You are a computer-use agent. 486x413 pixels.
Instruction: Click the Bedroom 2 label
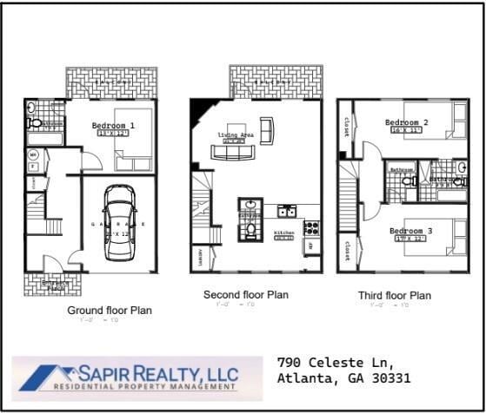tap(406, 123)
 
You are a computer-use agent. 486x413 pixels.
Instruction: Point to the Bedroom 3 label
tap(410, 231)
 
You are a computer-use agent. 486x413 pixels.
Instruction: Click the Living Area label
tap(235, 134)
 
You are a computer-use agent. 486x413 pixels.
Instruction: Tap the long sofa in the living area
tap(234, 153)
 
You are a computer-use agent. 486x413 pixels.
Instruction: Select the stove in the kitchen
tap(311, 227)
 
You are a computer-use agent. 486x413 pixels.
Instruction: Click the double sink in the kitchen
tap(287, 211)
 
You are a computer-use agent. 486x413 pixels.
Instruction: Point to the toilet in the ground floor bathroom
tap(32, 108)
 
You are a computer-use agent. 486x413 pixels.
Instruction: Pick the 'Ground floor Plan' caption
tap(110, 310)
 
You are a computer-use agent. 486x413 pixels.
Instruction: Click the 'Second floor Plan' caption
tap(246, 295)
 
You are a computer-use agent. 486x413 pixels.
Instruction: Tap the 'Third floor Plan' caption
tap(394, 296)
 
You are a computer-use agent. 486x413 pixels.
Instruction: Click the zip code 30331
tap(390, 378)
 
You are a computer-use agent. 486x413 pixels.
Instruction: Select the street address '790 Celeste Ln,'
tap(335, 362)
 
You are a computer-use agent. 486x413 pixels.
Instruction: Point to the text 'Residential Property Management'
tap(145, 388)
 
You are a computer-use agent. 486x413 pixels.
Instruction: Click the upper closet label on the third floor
tap(346, 128)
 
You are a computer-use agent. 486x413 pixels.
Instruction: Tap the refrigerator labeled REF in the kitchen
tap(309, 247)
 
